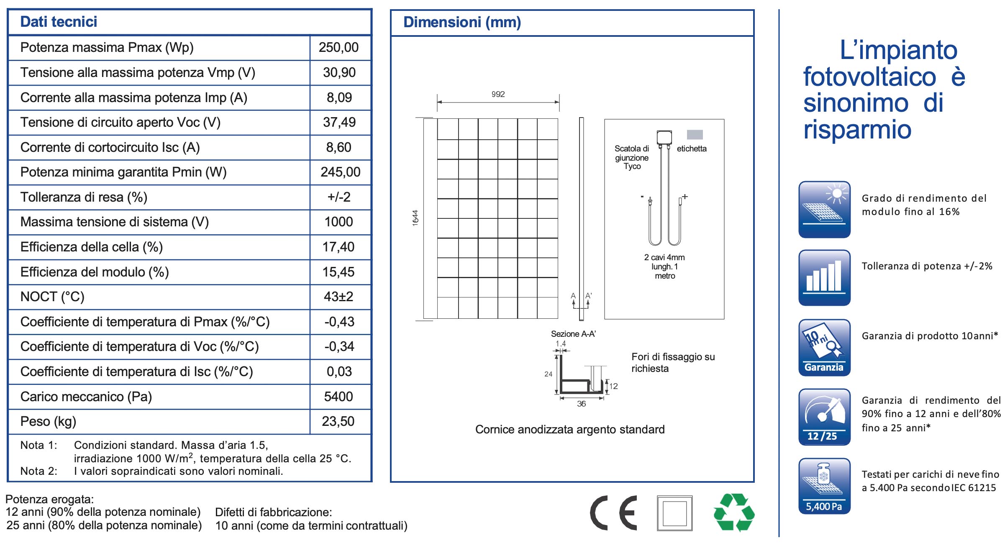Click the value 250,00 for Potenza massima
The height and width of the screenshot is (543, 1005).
[338, 48]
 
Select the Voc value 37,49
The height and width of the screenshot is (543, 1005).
[339, 123]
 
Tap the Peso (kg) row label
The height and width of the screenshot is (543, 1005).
[48, 421]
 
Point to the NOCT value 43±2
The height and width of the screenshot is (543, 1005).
[338, 297]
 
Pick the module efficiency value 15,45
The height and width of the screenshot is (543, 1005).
[338, 272]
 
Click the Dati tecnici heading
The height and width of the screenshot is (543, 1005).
[59, 22]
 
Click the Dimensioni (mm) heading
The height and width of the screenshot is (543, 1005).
[462, 22]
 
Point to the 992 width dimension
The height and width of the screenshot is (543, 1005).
[498, 95]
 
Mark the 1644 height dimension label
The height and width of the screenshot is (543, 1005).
[415, 218]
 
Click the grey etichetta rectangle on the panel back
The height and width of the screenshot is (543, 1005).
[695, 134]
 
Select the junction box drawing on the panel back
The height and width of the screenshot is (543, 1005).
[664, 138]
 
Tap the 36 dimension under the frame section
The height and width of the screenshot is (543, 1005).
[581, 404]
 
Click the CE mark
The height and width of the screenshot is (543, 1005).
[613, 513]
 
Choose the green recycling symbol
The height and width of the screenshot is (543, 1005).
[733, 512]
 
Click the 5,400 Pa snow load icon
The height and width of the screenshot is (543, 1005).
[824, 486]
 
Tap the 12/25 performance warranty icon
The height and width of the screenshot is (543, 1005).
[824, 417]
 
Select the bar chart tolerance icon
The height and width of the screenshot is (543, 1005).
[824, 278]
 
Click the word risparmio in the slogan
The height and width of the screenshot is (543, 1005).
[857, 129]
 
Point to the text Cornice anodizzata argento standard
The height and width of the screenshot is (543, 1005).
[570, 430]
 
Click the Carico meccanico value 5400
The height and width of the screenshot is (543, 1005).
[338, 397]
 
